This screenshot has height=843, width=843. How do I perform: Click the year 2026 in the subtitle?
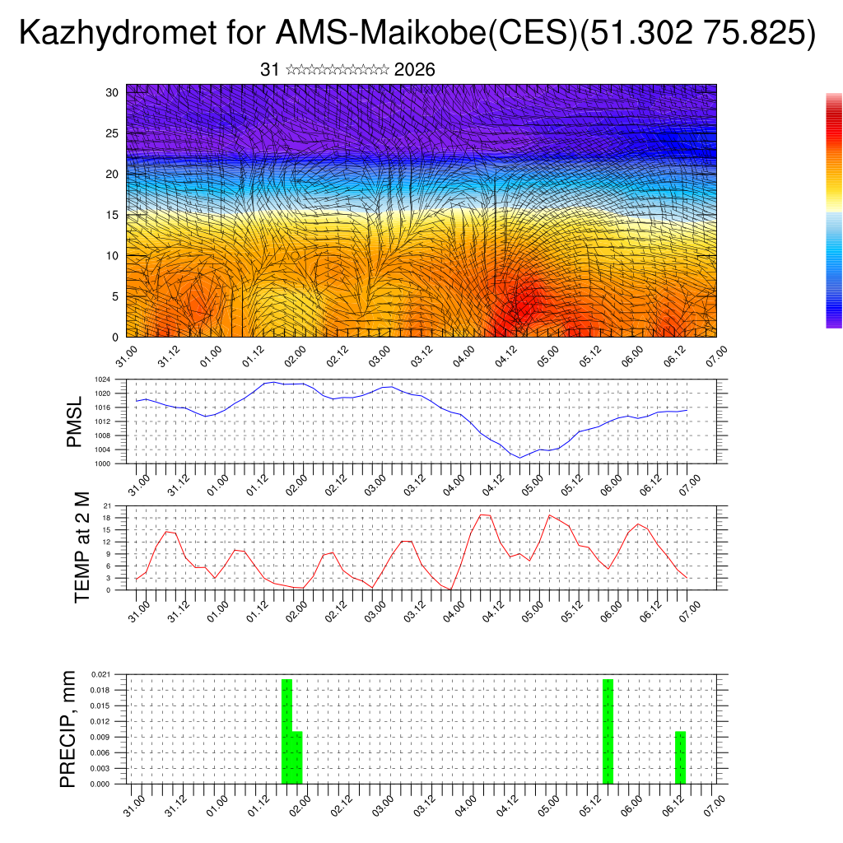(x=415, y=70)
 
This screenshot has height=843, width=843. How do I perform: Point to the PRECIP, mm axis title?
(x=68, y=729)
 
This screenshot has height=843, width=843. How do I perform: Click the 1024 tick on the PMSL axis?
(x=102, y=380)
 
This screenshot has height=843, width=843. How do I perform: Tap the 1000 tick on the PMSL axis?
(x=102, y=463)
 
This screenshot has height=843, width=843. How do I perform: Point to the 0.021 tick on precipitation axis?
(x=100, y=674)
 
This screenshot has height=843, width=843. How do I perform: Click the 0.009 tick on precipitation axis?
(x=100, y=737)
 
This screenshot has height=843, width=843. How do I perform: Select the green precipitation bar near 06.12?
(x=680, y=757)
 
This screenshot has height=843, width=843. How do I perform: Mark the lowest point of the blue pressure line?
(x=519, y=458)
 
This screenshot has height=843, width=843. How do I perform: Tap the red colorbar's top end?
(x=834, y=96)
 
